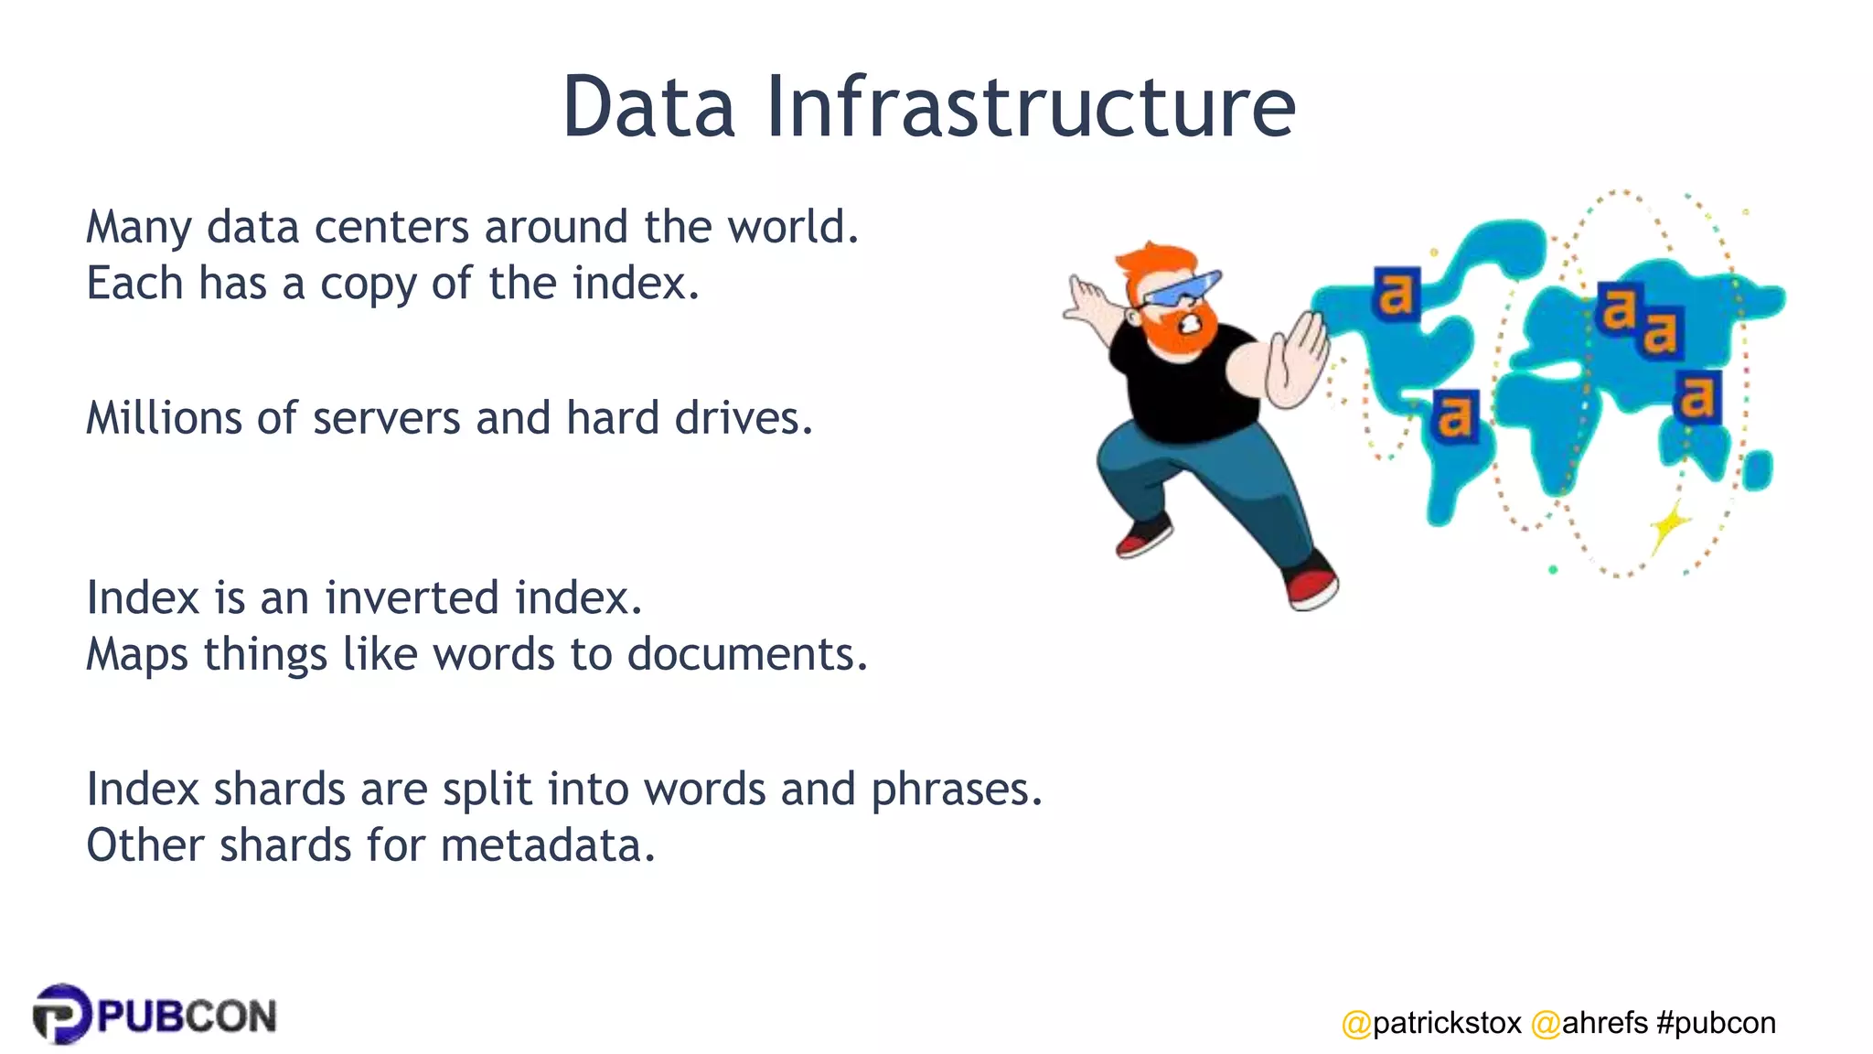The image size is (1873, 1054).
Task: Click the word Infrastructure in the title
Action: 1031,108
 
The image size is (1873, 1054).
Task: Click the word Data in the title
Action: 648,108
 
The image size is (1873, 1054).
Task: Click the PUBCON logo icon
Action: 61,1014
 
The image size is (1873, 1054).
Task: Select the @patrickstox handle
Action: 1431,1022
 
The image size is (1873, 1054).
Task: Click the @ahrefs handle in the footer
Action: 1589,1022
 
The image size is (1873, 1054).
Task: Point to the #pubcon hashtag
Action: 1716,1022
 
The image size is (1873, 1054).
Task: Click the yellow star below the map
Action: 1670,526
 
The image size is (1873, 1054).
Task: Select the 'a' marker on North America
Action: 1396,294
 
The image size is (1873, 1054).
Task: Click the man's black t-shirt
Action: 1184,389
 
